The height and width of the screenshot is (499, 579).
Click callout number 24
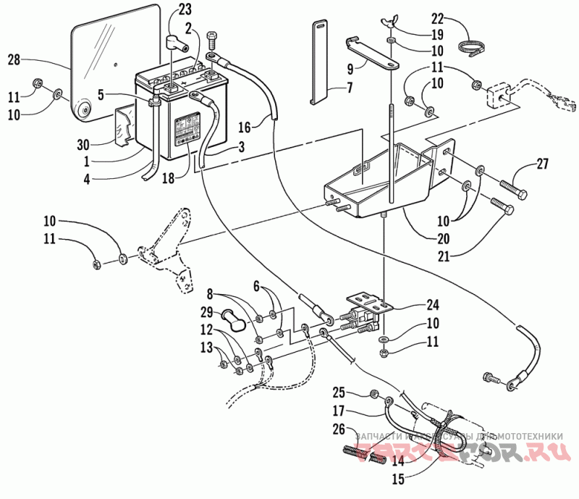pos(413,304)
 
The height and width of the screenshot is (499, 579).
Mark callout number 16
pos(245,127)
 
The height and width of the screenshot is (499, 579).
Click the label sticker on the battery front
pos(185,132)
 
